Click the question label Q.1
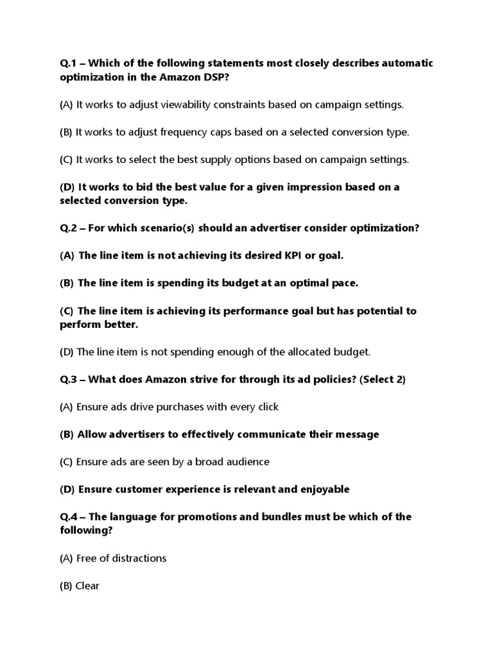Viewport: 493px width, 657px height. click(x=69, y=63)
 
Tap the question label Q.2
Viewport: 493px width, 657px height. click(x=69, y=228)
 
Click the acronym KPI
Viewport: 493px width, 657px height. click(x=296, y=255)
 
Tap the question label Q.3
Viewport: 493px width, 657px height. click(x=69, y=379)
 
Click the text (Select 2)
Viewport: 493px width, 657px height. click(x=383, y=379)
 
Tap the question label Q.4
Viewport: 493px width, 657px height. click(x=69, y=516)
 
